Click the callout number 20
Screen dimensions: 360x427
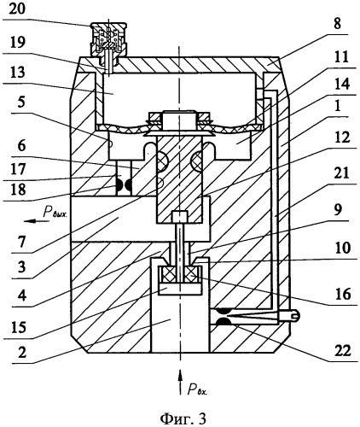click(17, 9)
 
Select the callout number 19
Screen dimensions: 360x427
click(17, 42)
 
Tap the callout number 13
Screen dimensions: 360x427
click(17, 72)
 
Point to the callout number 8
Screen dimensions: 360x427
click(337, 24)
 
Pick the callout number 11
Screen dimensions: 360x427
click(341, 57)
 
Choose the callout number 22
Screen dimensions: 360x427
click(342, 351)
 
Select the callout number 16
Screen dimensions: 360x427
click(343, 294)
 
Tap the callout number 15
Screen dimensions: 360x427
click(19, 327)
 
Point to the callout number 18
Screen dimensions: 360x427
click(17, 190)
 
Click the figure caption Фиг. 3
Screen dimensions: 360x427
click(183, 418)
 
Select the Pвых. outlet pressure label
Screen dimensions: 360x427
click(55, 213)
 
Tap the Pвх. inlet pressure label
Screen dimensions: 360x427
click(197, 389)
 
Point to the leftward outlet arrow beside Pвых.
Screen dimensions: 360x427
click(32, 221)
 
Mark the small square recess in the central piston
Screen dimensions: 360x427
click(180, 217)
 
